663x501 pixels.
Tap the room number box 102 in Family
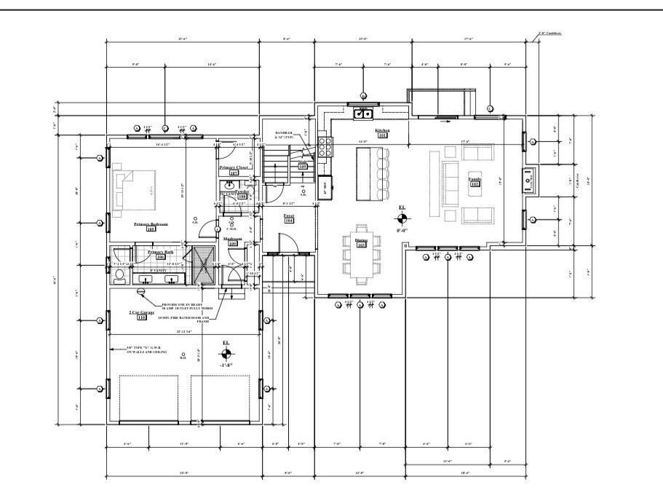tap(474, 185)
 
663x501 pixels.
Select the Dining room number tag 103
tap(360, 245)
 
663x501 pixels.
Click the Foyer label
tap(288, 216)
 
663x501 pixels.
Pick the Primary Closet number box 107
tap(234, 173)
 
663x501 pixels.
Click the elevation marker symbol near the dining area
tap(402, 217)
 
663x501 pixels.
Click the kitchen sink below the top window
tap(362, 113)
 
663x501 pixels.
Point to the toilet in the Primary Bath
tap(120, 275)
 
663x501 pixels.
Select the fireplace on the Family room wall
tap(529, 177)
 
